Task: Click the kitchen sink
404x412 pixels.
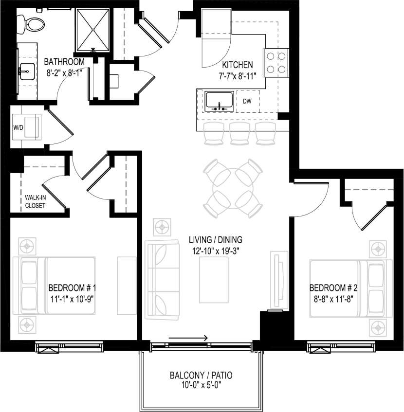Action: pos(218,101)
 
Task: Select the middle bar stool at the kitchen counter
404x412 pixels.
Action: pos(239,133)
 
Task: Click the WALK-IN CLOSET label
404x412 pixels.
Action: pos(35,202)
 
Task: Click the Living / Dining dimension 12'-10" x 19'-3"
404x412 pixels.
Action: pos(216,251)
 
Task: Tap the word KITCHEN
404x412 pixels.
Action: pos(238,65)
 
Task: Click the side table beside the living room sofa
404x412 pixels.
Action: pos(162,227)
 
